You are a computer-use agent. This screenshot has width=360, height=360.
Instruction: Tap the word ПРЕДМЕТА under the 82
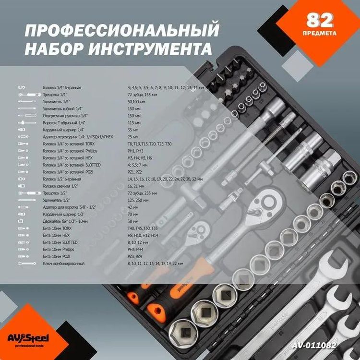[x=320, y=34]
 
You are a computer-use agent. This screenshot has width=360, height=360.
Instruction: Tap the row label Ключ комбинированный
[x=64, y=264]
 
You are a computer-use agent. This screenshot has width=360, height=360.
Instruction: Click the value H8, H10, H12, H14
[x=142, y=236]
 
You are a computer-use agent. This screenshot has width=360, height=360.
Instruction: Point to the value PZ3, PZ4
[x=136, y=257]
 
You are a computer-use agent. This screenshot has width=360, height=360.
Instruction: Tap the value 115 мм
[x=133, y=123]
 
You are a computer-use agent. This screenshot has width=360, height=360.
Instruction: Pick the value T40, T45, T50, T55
[x=143, y=229]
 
